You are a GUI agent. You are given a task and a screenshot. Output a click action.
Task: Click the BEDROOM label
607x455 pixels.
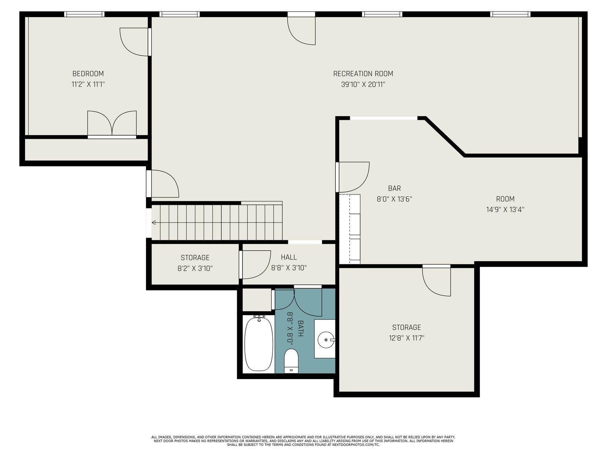point(88,74)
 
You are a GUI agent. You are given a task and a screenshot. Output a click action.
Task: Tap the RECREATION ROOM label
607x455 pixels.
point(363,74)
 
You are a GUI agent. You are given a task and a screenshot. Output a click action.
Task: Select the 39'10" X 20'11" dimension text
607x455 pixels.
point(363,84)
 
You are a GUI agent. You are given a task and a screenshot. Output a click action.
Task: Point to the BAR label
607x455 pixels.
point(394,188)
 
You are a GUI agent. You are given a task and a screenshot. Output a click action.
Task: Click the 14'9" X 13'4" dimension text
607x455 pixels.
point(505,209)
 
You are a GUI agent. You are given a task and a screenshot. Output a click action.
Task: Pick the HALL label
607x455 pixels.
point(289,257)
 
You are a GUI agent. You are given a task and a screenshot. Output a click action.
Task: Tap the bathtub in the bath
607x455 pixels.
point(259,344)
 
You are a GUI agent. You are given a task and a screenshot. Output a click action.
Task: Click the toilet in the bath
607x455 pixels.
point(291,361)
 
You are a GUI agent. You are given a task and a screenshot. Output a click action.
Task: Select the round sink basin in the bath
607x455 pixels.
point(326,340)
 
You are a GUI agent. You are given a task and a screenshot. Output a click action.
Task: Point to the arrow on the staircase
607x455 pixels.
point(154,223)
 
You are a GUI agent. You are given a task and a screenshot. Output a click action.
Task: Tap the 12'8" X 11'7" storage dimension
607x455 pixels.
point(406,338)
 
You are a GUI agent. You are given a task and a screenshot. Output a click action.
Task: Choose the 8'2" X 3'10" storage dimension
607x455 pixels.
point(195,268)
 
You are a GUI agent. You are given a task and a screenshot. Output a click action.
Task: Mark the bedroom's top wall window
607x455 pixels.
point(84,14)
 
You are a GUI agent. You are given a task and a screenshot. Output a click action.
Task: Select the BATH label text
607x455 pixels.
point(300,328)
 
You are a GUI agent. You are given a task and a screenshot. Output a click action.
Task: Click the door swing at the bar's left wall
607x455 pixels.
point(352,177)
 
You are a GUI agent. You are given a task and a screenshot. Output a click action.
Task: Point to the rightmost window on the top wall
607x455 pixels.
point(511,14)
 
